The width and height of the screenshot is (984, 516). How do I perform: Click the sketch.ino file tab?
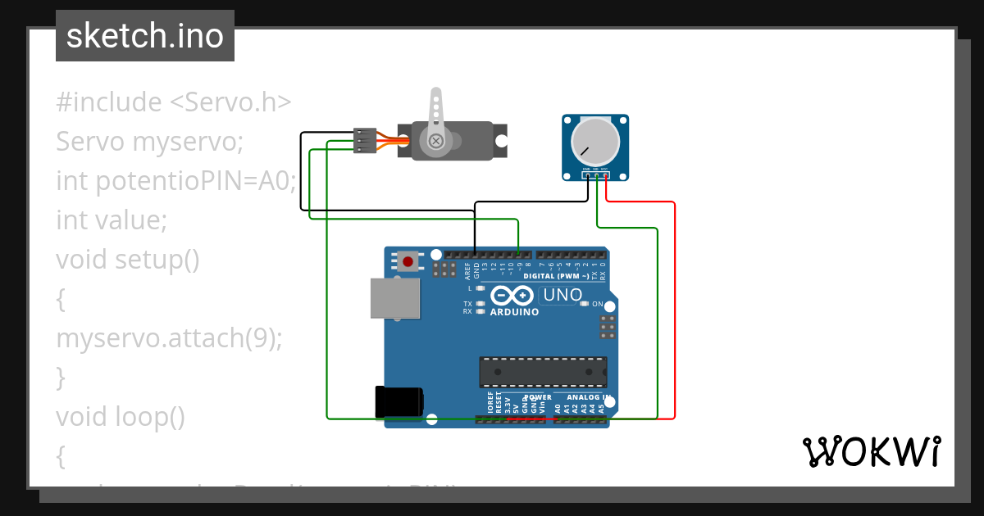click(145, 36)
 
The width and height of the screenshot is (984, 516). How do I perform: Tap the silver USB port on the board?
click(394, 297)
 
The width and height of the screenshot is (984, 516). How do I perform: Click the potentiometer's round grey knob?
click(595, 141)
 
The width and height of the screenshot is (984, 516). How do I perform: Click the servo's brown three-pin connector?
click(365, 140)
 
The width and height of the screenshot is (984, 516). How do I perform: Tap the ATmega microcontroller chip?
click(543, 371)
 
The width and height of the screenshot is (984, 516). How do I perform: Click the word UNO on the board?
click(563, 295)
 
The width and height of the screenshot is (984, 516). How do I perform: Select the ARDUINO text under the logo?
click(514, 312)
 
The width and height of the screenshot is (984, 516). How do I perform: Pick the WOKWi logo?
click(871, 451)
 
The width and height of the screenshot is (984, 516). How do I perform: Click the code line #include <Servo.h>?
click(174, 102)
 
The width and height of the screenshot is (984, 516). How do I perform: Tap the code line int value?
click(112, 220)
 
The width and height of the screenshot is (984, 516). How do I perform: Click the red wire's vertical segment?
click(674, 311)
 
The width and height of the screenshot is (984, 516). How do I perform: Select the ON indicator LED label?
click(597, 304)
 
